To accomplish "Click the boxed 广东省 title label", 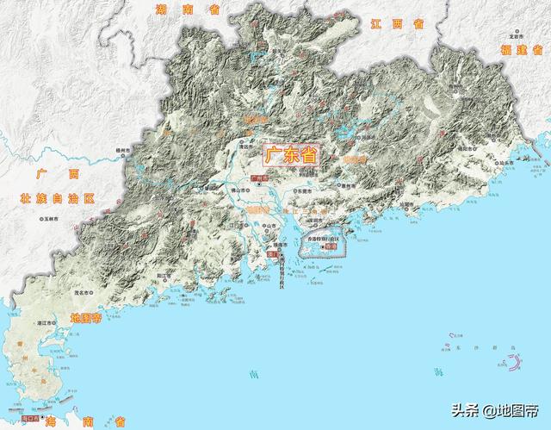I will coord(288,156).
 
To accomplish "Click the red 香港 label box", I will coord(332,247).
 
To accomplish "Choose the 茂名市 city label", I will coord(84,292).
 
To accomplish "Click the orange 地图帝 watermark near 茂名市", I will coord(85,317).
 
